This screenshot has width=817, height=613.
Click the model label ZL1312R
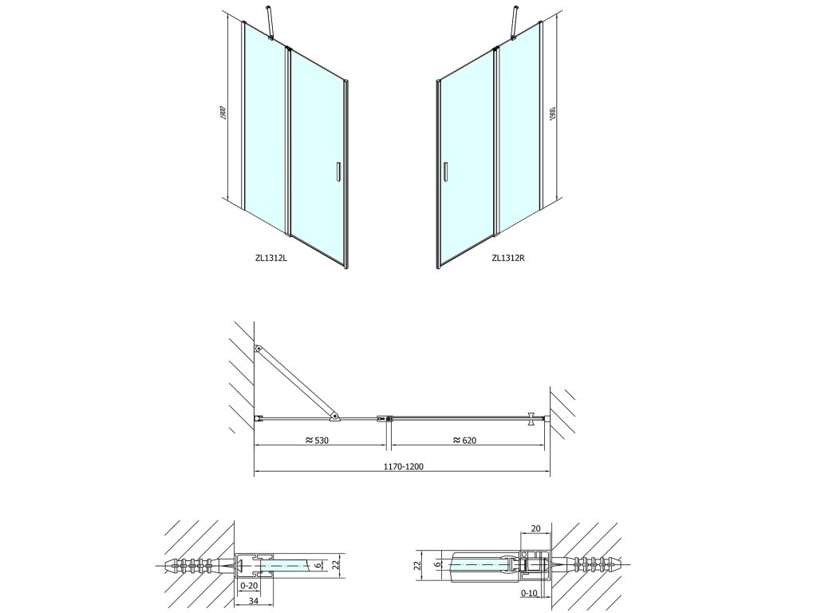click(x=508, y=258)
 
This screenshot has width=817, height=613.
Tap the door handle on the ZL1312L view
click(x=338, y=172)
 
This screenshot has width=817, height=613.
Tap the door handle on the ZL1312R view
click(x=446, y=172)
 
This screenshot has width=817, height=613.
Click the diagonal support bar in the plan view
click(x=295, y=382)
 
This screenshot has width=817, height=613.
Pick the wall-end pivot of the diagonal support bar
click(x=258, y=349)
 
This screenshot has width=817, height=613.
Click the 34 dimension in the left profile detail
click(x=254, y=600)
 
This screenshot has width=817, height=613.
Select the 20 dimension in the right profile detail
click(x=535, y=528)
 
